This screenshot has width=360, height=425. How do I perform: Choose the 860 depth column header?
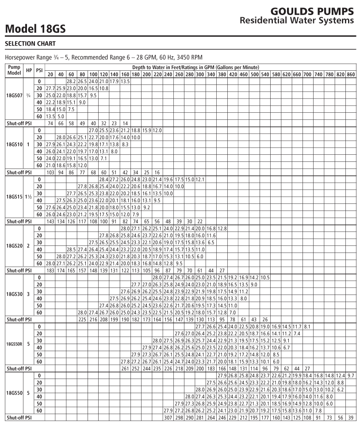pos(351,73)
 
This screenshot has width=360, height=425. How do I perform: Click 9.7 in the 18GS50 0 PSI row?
pos(351,375)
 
